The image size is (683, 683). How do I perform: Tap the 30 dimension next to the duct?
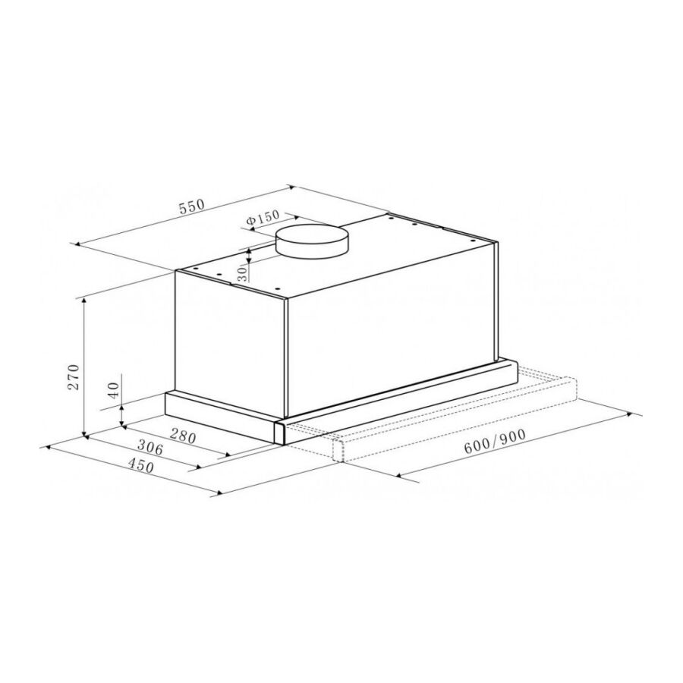[x=243, y=272]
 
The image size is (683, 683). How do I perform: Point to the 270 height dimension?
[x=74, y=376]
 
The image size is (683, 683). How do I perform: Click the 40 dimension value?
[x=113, y=390]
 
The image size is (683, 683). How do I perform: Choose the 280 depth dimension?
[x=183, y=436]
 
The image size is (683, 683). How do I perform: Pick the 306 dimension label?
[x=150, y=447]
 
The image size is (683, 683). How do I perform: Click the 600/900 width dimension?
[x=494, y=442]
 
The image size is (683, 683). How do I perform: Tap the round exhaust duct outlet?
[x=312, y=241]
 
